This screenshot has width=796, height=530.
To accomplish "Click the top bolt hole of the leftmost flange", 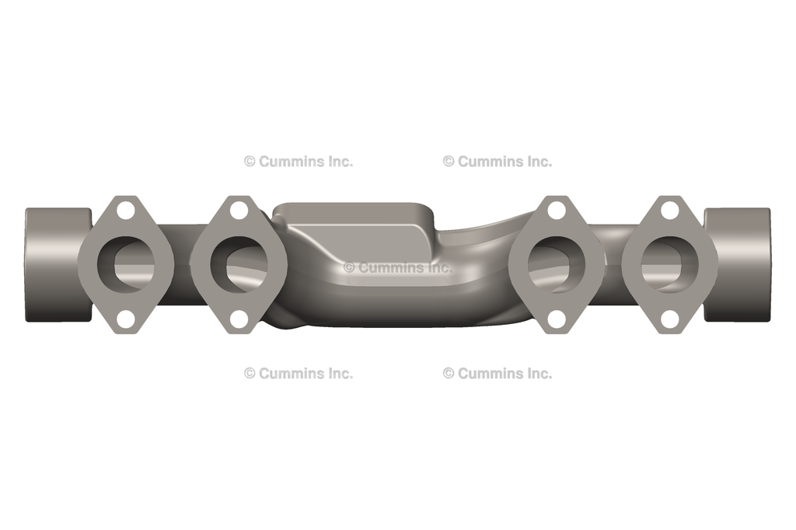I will point(125,210).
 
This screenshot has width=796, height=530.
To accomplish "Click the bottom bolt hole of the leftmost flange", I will point(125,319).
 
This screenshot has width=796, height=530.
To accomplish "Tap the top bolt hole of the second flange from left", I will point(239,210).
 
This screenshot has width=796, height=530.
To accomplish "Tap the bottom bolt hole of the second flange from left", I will point(239,319).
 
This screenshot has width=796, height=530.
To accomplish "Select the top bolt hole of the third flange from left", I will point(557,210).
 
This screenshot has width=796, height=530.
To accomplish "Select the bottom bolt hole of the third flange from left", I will point(557,319).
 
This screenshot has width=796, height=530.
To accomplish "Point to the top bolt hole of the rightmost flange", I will point(670,210).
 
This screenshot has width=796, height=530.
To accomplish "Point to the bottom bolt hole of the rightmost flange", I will point(670,319).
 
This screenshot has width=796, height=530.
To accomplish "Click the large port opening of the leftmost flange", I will point(127,264).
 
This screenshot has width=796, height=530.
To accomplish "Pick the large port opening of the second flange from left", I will point(240,264).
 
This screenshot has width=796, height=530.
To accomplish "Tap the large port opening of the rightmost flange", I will point(669,264).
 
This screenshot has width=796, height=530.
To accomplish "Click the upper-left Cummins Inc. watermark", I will point(298,162).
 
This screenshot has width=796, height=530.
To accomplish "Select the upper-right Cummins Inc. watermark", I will point(497,162).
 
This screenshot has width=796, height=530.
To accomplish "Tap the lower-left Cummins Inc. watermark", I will point(298,373).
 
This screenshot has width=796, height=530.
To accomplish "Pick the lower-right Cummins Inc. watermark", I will point(497,373).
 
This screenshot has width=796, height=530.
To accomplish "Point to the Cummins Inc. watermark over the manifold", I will point(398,267).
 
